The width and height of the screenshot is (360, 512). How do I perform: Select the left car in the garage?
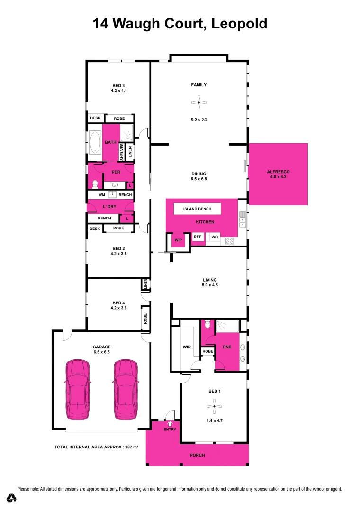tap(78, 390)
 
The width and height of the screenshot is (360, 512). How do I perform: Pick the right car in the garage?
tap(126, 390)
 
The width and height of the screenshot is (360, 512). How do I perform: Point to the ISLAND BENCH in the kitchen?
tap(197, 209)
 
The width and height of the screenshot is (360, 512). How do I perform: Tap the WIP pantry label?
tap(178, 240)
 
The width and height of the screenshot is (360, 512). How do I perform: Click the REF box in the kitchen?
tap(198, 237)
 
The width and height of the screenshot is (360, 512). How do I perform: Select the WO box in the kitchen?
tap(214, 237)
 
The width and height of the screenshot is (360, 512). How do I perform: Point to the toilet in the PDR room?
tap(94, 183)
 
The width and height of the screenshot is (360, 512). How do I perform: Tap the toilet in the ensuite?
tap(207, 326)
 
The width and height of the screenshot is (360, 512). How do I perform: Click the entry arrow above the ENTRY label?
tap(170, 423)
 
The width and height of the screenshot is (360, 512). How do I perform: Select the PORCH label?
tap(197, 455)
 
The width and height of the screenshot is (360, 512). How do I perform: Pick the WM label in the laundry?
tap(101, 195)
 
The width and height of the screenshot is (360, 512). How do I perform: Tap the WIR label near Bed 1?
tap(187, 347)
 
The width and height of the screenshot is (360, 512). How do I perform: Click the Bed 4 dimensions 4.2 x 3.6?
tap(119, 308)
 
